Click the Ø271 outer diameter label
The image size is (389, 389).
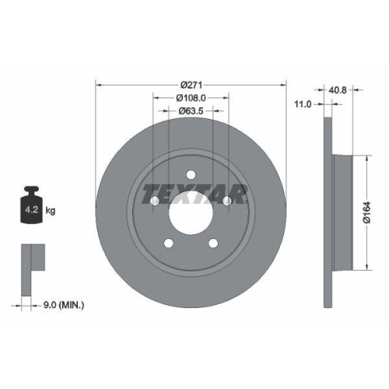tap(191, 84)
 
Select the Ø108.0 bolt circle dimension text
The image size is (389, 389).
tap(191, 98)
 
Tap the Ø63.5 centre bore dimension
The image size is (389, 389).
tap(191, 111)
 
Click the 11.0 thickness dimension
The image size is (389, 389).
tap(303, 103)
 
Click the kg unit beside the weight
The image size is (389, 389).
tap(51, 211)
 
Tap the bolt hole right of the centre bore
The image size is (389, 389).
tap(228, 202)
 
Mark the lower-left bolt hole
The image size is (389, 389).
tap(168, 245)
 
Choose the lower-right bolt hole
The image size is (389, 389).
tap(214, 245)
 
